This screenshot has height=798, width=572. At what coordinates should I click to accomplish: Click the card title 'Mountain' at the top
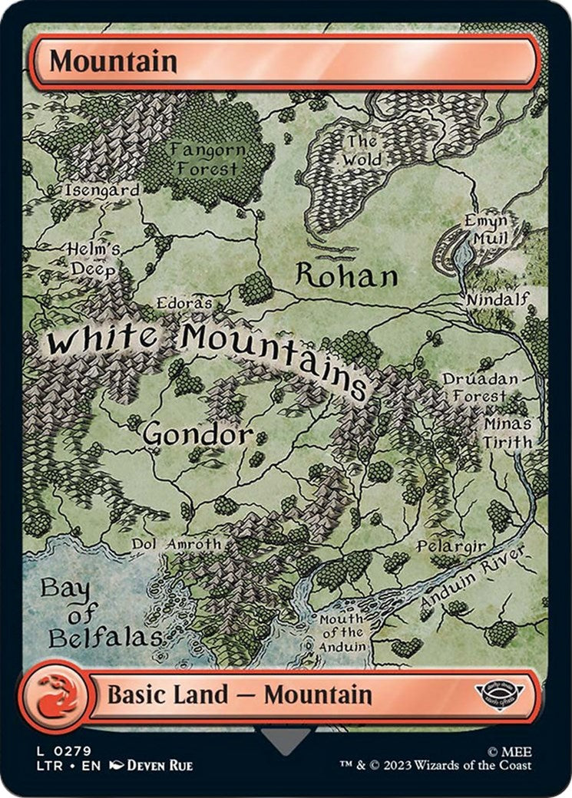(113, 61)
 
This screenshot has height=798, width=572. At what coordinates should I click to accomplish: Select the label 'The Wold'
(362, 150)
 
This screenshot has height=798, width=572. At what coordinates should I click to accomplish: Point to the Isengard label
(102, 190)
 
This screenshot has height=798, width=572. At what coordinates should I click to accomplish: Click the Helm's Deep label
(93, 259)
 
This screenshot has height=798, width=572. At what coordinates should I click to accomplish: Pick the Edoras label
(184, 303)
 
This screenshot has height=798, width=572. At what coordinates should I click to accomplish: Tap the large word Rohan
(346, 276)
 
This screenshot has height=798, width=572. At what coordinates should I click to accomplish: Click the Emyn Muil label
(485, 230)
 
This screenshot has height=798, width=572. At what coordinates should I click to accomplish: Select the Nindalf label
(499, 298)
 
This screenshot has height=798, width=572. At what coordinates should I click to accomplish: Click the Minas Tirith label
(508, 433)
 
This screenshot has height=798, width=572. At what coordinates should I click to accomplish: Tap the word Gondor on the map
(197, 434)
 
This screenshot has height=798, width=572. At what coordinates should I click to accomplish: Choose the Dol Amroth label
(176, 543)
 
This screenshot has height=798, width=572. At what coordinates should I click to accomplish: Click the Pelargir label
(451, 546)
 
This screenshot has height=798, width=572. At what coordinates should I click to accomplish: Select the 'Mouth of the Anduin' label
(342, 632)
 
